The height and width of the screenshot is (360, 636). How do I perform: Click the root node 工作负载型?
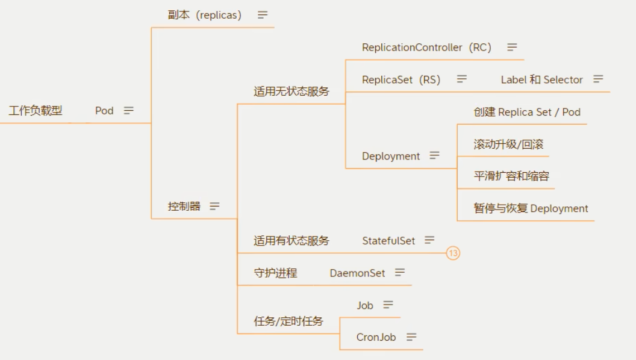[x=35, y=111]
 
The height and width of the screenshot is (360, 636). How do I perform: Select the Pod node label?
[x=104, y=111]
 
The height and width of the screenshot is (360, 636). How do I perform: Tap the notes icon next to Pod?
[x=129, y=111]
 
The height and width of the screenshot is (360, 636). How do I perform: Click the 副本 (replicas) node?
[x=205, y=15]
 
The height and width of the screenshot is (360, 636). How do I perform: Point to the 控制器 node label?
[x=184, y=206]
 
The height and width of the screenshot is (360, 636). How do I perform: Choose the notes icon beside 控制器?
[x=214, y=206]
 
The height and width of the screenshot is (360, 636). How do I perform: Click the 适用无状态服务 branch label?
[x=291, y=92]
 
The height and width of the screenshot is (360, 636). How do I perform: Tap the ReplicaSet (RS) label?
[x=401, y=79]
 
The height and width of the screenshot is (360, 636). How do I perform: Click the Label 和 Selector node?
[x=542, y=79]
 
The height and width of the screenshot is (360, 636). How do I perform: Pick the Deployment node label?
[x=391, y=156]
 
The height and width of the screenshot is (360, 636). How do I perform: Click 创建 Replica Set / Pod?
[x=527, y=112]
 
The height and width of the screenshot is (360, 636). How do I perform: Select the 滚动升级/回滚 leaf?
[x=509, y=144]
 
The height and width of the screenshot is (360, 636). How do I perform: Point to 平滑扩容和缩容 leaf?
[x=511, y=176]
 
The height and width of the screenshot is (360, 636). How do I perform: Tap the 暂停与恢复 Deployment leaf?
[x=531, y=208]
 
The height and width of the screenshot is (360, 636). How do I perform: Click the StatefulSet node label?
[x=388, y=241]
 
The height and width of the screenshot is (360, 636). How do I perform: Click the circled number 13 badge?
[x=453, y=253]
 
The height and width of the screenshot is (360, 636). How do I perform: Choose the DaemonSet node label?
[x=357, y=273]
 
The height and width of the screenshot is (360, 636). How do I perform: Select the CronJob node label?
[x=376, y=337]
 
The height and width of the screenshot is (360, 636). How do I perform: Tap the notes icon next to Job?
[x=388, y=305]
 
